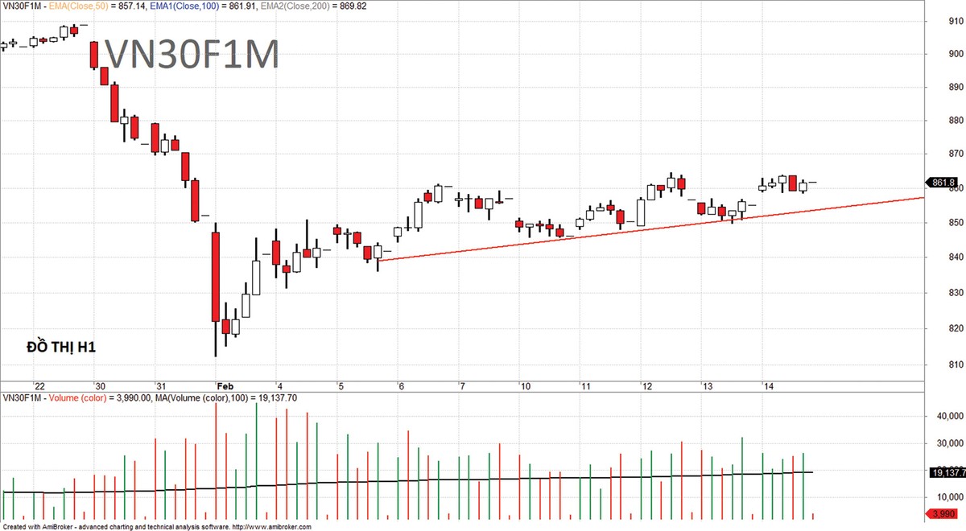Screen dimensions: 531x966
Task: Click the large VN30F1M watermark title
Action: (192, 55)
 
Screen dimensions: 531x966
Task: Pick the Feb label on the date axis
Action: (224, 386)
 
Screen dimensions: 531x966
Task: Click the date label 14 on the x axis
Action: (768, 386)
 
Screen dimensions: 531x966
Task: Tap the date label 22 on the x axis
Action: (38, 386)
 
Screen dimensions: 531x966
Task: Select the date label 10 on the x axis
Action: (524, 386)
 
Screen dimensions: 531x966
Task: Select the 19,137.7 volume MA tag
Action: (947, 473)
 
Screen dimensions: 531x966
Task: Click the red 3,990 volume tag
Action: (943, 514)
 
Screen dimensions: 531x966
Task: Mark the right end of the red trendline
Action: (923, 197)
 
